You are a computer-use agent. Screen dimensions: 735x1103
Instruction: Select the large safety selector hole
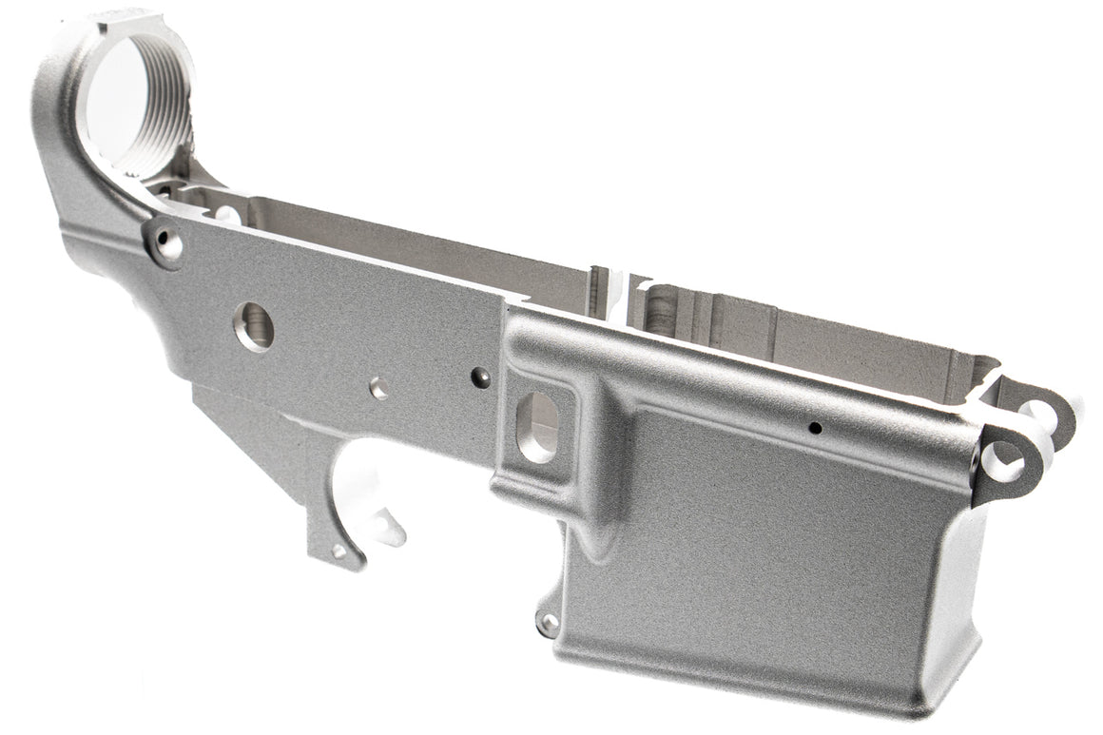point(254,327)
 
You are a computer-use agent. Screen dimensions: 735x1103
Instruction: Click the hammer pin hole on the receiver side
point(378,387)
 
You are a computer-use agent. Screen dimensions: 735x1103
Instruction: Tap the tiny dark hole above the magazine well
point(814,428)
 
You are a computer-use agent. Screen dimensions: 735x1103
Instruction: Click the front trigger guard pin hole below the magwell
point(548,623)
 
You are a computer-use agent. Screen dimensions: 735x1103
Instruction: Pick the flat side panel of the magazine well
point(761,542)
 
